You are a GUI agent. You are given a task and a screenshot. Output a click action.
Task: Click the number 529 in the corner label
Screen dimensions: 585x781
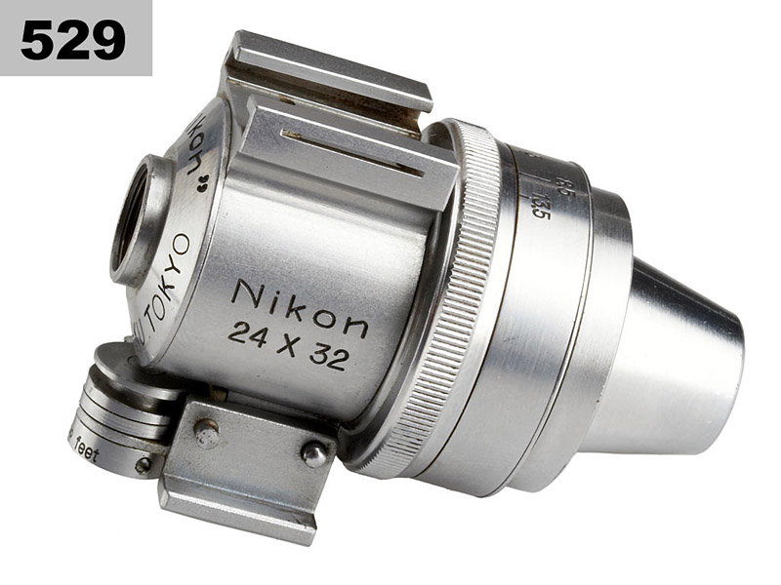73,39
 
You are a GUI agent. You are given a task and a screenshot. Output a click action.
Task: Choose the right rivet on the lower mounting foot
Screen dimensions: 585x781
314,454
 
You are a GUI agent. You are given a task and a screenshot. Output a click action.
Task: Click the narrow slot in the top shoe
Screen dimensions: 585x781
351,151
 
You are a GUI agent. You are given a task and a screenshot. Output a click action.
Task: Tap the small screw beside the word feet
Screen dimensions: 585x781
143,465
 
